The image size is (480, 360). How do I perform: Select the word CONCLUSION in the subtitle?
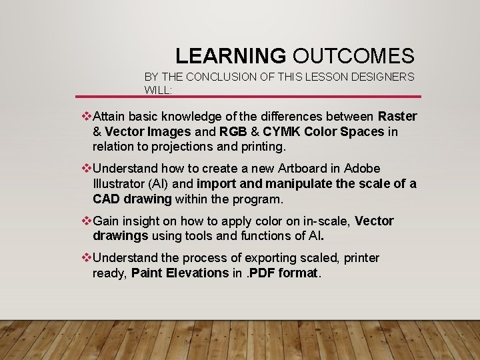(218, 77)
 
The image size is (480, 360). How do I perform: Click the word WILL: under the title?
(158, 89)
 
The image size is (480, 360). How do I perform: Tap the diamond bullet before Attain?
(85, 117)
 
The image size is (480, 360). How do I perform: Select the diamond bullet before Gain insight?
(85, 221)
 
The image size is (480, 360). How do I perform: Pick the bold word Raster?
(397, 117)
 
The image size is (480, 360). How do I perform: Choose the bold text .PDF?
(267, 273)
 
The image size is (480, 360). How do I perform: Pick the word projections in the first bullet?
(185, 146)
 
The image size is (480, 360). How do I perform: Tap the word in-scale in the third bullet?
(323, 221)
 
